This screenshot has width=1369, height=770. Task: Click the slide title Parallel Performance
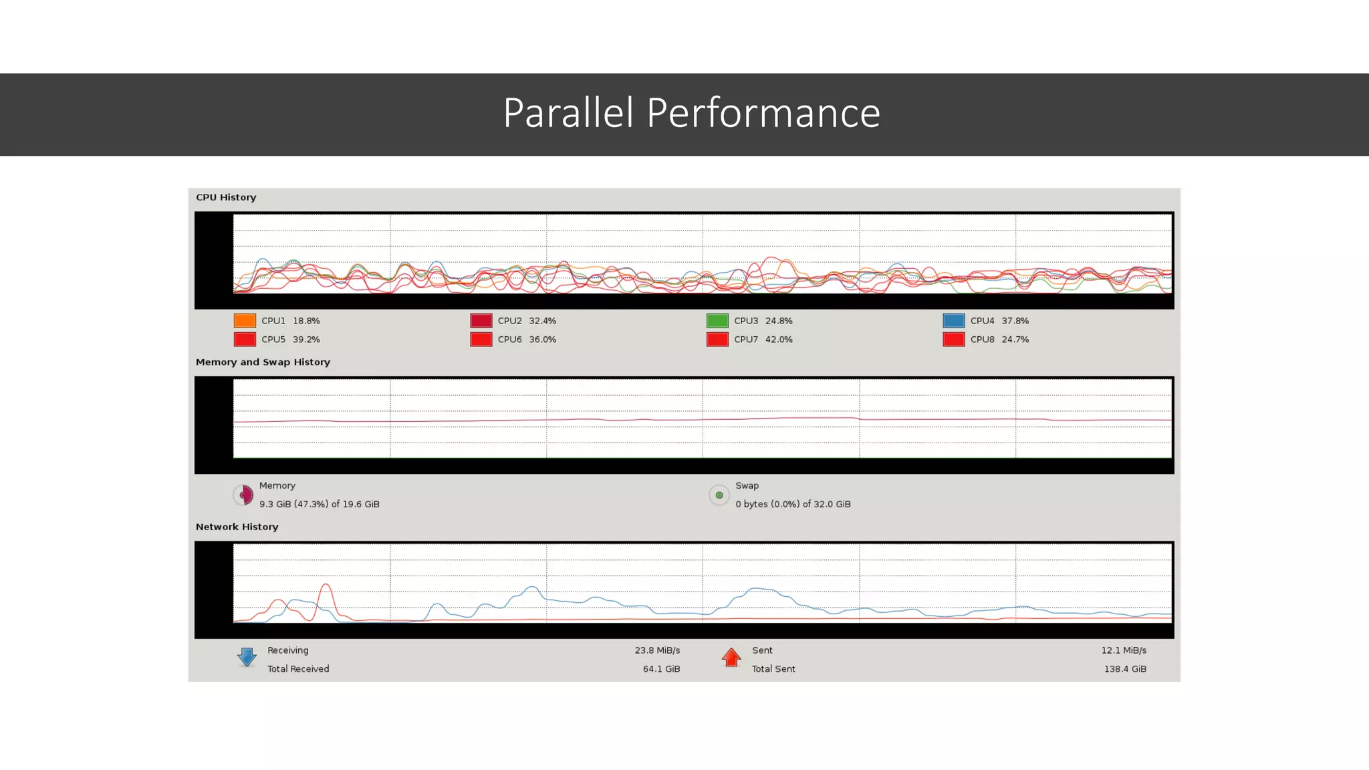[x=691, y=113]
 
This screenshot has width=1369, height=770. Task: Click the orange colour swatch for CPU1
[x=245, y=321]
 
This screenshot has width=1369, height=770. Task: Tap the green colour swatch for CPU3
[x=717, y=321]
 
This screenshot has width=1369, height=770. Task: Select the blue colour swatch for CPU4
[x=953, y=321]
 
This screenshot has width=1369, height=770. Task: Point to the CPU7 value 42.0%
[x=779, y=340]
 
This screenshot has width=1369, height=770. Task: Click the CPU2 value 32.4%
[x=542, y=321]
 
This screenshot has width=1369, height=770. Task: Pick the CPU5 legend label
[x=273, y=340]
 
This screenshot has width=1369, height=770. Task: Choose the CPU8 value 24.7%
[x=1015, y=340]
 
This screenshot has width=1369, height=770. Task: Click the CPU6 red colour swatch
[x=481, y=340]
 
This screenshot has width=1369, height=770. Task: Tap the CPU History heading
[x=226, y=197]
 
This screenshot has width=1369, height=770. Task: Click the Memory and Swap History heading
[x=263, y=362]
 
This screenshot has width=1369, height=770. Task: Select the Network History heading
[x=237, y=527]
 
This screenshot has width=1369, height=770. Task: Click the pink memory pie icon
[x=244, y=495]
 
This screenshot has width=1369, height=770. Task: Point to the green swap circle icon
[x=719, y=495]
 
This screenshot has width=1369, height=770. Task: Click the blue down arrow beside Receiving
[x=247, y=657]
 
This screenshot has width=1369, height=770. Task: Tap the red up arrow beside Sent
[x=731, y=658]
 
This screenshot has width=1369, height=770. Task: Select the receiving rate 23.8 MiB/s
[x=657, y=650]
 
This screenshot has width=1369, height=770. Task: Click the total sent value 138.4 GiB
[x=1125, y=669]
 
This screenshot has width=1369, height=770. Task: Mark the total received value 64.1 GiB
[x=661, y=669]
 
